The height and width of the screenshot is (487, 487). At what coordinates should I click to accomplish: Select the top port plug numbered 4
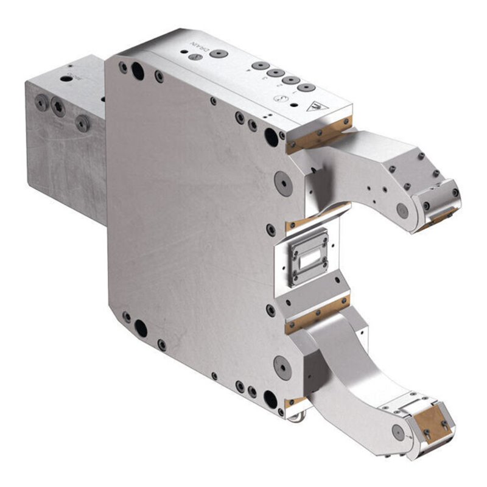pyautogui.click(x=259, y=65)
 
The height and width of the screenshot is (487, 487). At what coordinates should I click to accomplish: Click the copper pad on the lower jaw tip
pyautogui.click(x=433, y=424)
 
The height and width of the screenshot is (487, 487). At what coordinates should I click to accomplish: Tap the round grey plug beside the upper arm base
pyautogui.click(x=282, y=181)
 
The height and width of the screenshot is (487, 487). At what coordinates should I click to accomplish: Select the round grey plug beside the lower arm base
pyautogui.click(x=282, y=367)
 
